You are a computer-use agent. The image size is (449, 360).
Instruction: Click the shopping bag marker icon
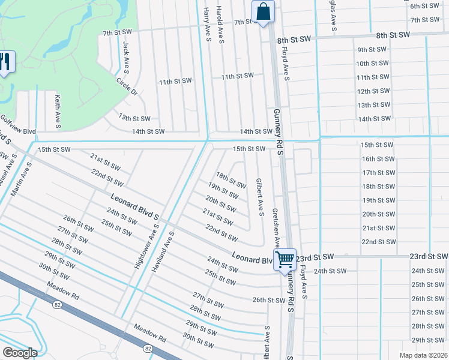click(x=263, y=12)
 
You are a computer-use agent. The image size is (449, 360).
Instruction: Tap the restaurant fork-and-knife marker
click(x=6, y=62)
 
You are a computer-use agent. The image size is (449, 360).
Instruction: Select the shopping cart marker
click(x=285, y=260)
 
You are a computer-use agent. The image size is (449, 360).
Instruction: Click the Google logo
click(x=20, y=353)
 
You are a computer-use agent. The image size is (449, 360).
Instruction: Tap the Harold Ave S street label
click(x=220, y=25)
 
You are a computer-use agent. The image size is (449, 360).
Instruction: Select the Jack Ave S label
click(x=126, y=54)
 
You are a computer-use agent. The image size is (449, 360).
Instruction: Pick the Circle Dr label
click(x=127, y=87)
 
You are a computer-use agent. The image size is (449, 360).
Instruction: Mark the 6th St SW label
click(x=423, y=6)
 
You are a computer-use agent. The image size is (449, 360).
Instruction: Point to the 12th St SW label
click(x=373, y=91)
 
